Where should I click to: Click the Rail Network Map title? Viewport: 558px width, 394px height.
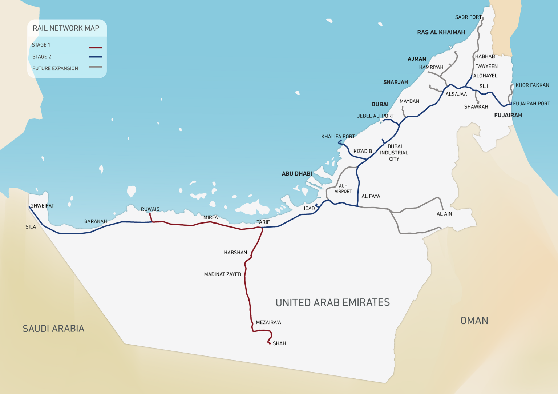click(x=66, y=28)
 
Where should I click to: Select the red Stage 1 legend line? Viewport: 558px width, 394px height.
click(x=96, y=48)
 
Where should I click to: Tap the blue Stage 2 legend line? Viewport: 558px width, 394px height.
click(x=96, y=57)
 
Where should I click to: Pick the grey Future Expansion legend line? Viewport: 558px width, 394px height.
click(x=96, y=67)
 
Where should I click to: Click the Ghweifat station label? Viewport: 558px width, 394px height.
click(x=42, y=206)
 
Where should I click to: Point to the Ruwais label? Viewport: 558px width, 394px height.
click(x=150, y=209)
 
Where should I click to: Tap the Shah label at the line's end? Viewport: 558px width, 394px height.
click(x=279, y=343)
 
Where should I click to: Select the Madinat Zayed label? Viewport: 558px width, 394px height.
click(x=222, y=274)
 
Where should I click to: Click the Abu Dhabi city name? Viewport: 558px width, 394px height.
click(x=297, y=174)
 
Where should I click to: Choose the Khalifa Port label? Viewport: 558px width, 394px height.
click(x=338, y=137)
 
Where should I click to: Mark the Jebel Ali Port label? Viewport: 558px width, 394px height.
click(x=376, y=116)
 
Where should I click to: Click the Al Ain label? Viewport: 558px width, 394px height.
click(x=444, y=214)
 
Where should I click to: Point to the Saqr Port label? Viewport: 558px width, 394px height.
click(x=468, y=17)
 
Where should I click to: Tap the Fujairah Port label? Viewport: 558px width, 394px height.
click(x=531, y=104)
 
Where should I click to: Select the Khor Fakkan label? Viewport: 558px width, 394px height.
click(x=532, y=85)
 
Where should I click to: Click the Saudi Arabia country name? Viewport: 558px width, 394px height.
click(x=53, y=329)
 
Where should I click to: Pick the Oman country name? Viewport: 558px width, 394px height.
click(x=474, y=321)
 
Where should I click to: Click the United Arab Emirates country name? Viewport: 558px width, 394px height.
click(x=332, y=303)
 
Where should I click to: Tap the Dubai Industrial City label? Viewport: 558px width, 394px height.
click(x=394, y=153)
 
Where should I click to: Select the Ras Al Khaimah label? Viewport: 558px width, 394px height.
click(x=441, y=32)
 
